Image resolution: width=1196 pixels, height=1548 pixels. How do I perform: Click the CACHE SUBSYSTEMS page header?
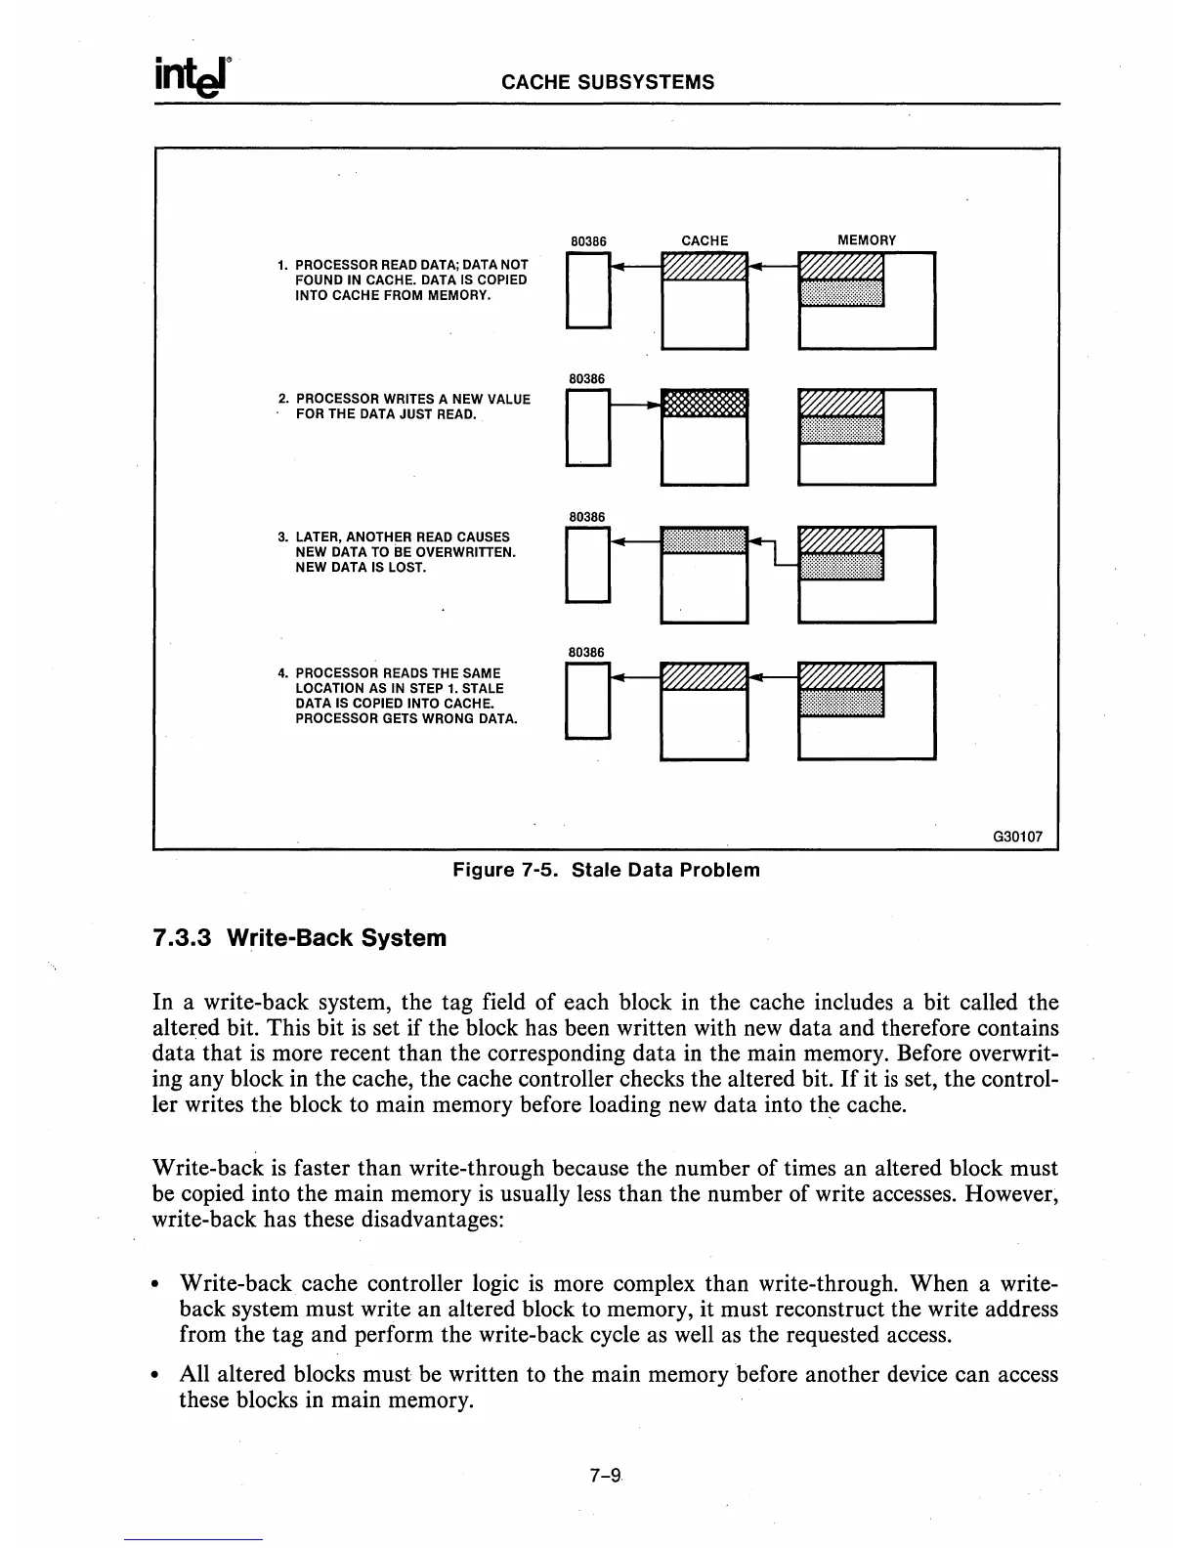[607, 82]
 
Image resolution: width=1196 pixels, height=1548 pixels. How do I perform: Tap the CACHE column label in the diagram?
[705, 240]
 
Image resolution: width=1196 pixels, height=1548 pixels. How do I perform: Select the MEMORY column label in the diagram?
[867, 240]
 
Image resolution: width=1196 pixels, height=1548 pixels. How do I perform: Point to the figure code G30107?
[1017, 837]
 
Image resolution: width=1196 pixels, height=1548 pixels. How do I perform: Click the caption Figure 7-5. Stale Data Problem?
[606, 870]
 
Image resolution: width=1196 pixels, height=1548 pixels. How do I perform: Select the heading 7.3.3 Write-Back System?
[300, 938]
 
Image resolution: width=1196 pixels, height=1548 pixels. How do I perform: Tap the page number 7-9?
[606, 1477]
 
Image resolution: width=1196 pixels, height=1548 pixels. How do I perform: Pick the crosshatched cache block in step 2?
[705, 403]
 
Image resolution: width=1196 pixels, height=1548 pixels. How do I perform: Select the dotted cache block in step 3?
[705, 539]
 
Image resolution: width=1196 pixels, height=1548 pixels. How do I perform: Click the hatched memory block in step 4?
[840, 676]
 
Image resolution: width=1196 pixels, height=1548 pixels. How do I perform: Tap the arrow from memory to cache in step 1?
[774, 266]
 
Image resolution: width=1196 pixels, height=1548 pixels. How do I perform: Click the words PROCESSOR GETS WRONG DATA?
[406, 718]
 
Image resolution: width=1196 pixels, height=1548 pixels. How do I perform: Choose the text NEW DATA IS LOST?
[361, 567]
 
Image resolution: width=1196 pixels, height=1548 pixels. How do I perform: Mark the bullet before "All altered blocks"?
[160, 1376]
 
